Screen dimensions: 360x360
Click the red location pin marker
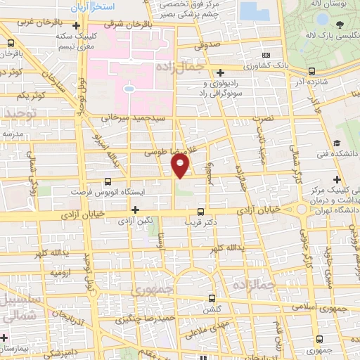(x=181, y=166)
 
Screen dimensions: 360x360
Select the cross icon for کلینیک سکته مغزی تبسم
(x=75, y=27)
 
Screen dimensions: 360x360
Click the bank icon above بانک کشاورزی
(x=265, y=56)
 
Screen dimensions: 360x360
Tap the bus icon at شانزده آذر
(x=311, y=71)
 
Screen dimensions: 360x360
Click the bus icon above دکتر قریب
(x=201, y=211)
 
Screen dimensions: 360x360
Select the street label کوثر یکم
(x=32, y=94)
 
